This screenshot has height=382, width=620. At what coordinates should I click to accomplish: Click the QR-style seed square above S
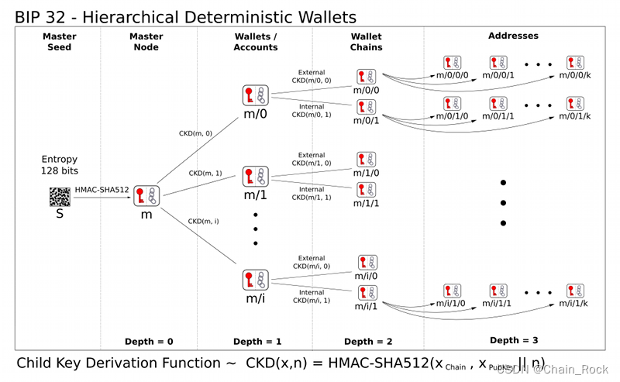click(60, 197)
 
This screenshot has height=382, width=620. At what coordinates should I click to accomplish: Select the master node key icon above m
click(146, 196)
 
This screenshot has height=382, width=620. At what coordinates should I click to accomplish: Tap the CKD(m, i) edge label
click(204, 222)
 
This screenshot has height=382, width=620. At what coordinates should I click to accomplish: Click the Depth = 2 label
click(369, 342)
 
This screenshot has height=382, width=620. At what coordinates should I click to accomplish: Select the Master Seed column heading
click(60, 41)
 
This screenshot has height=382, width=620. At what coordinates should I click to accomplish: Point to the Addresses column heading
click(513, 36)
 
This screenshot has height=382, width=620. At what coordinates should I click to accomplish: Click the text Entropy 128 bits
click(60, 164)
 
